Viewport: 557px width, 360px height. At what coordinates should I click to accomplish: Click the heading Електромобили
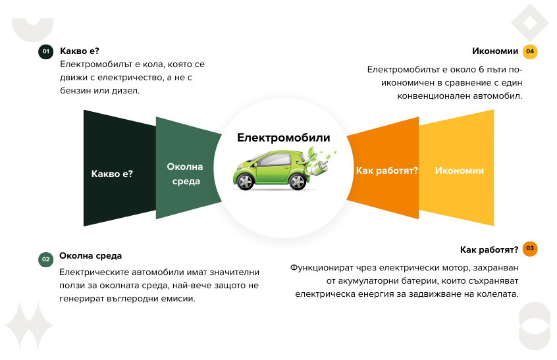(x=283, y=138)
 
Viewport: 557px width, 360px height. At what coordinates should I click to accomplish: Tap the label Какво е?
(x=112, y=174)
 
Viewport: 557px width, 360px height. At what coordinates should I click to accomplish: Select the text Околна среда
(x=185, y=174)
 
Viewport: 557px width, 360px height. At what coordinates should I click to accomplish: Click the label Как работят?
(x=386, y=170)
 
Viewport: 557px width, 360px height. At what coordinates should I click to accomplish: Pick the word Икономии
(x=459, y=170)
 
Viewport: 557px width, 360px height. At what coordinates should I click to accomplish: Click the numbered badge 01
(x=45, y=51)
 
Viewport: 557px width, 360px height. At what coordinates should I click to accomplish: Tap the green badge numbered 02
(x=45, y=259)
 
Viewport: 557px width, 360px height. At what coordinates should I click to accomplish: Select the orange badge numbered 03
(x=529, y=249)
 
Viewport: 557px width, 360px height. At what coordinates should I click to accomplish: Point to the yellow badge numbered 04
(x=529, y=51)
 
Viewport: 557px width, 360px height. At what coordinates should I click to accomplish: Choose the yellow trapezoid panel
(x=458, y=197)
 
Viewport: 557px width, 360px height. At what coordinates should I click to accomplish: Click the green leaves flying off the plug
(x=329, y=155)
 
